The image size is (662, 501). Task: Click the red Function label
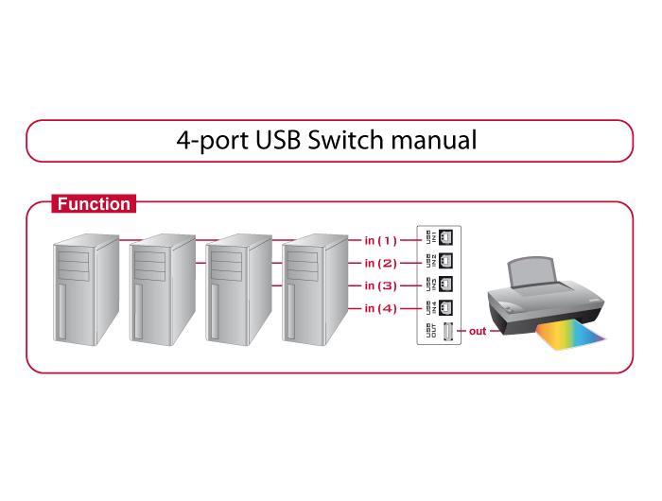93,203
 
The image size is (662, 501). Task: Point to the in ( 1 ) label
381,240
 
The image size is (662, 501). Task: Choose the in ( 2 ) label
381,263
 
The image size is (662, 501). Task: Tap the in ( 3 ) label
381,285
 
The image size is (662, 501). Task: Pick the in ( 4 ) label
381,308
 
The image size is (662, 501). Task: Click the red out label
478,331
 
